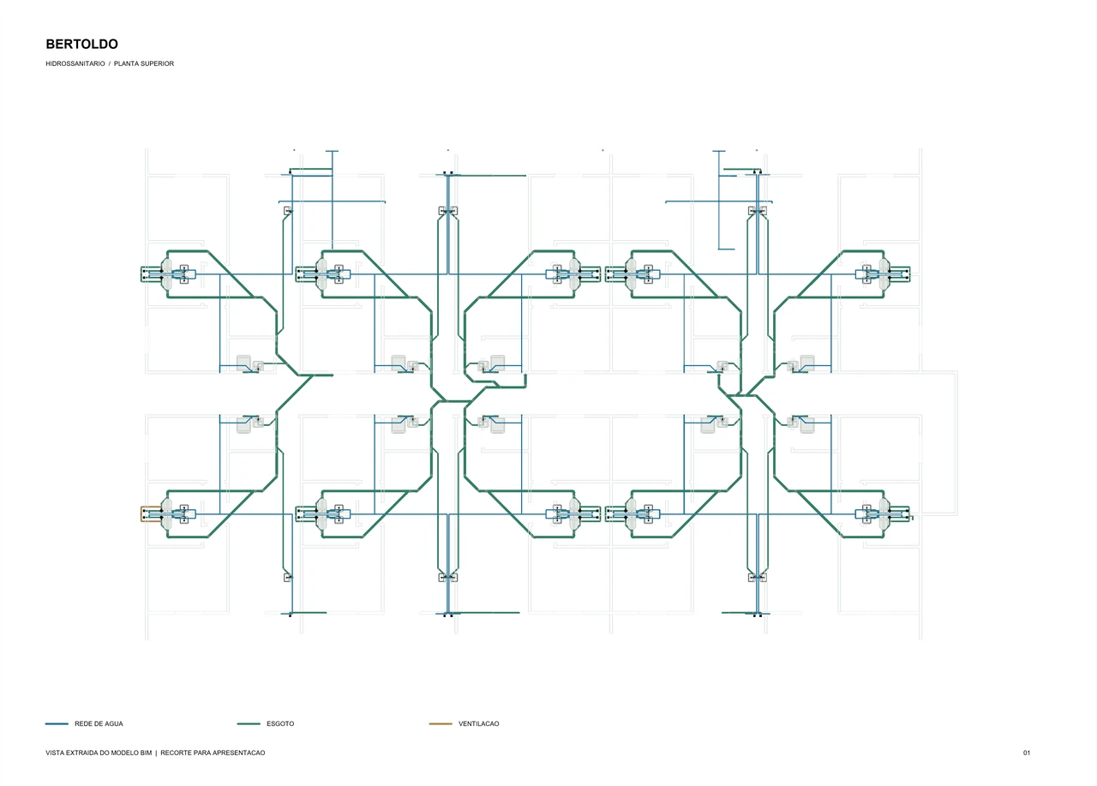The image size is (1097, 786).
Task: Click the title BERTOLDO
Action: (x=81, y=44)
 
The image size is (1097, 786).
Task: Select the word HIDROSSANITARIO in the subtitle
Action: (x=75, y=63)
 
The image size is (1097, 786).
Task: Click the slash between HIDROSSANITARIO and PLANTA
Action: (x=109, y=63)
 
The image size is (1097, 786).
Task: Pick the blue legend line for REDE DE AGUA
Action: (x=57, y=723)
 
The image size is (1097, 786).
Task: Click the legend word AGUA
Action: (x=113, y=723)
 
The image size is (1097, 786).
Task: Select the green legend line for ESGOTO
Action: (x=249, y=723)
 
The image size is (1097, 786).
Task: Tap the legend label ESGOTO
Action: (x=280, y=723)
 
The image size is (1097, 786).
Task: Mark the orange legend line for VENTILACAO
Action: (x=441, y=723)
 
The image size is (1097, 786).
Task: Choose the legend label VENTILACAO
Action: (x=478, y=723)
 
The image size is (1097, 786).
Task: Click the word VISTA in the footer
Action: (x=54, y=753)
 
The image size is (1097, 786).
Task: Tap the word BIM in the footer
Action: (x=147, y=753)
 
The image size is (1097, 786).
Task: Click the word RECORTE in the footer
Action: (x=176, y=753)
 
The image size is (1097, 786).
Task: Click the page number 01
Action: (x=1027, y=753)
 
